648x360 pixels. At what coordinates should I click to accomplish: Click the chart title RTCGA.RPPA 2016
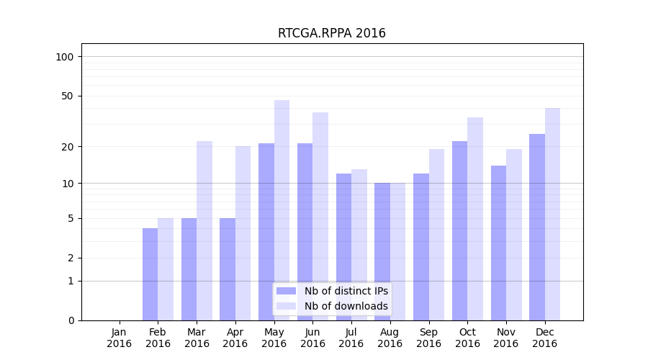[331, 33]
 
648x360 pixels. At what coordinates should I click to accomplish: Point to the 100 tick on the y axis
[65, 57]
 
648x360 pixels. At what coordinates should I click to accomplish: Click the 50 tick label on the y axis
[68, 96]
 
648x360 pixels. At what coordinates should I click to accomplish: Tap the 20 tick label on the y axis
[68, 147]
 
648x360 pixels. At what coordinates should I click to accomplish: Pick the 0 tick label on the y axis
[71, 320]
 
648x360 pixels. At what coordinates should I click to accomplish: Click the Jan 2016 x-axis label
[120, 338]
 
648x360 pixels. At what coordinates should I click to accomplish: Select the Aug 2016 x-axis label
[390, 338]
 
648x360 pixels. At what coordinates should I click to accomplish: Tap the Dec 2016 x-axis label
[545, 338]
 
